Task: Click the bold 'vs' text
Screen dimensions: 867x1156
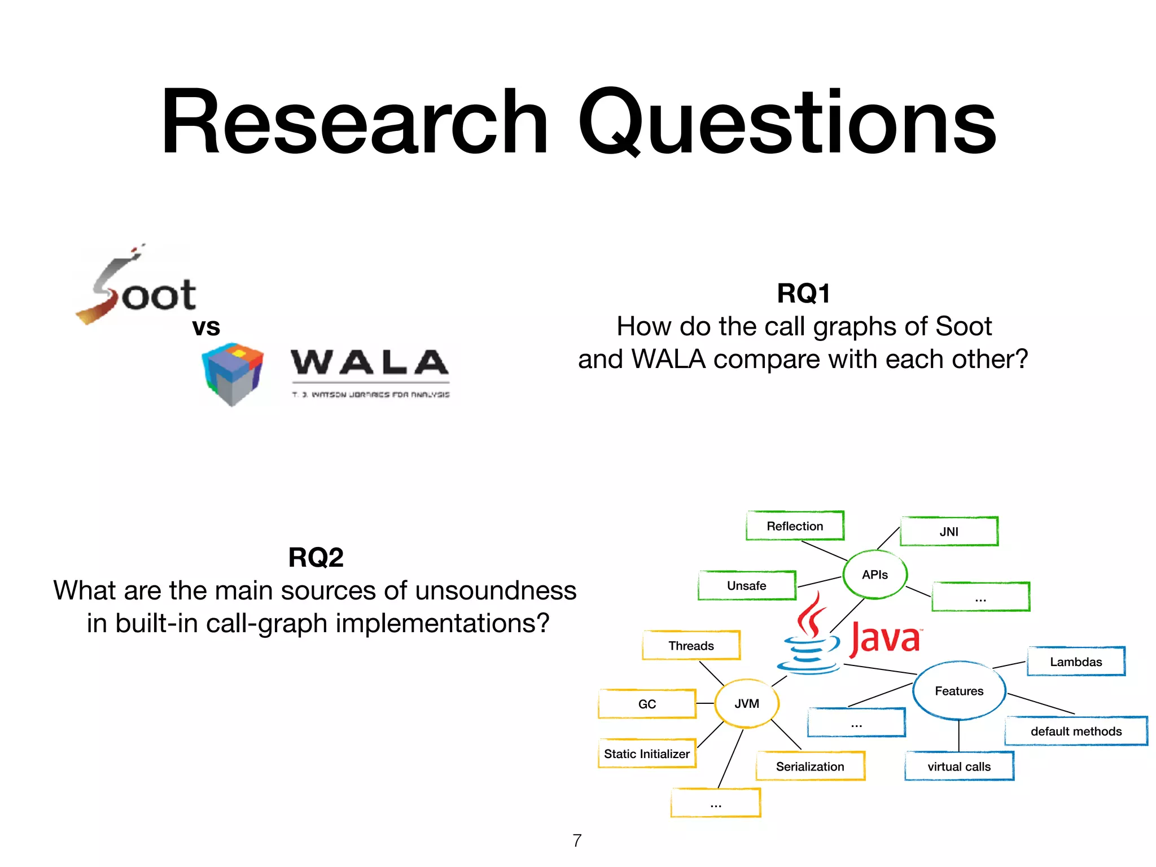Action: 206,327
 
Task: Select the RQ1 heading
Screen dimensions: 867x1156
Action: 803,294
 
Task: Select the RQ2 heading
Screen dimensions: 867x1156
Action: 316,558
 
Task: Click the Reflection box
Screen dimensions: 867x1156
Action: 795,526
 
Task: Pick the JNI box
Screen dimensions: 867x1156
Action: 949,532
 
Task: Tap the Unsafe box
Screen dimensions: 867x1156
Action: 746,586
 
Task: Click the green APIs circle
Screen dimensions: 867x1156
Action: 875,575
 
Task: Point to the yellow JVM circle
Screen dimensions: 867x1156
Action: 747,704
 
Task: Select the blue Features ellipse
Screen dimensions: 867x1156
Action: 959,691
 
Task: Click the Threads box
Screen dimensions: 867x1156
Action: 691,646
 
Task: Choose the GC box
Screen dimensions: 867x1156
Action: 647,704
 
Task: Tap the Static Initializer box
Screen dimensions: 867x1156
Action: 647,754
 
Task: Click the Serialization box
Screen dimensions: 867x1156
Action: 810,767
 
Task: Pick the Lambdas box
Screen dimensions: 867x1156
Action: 1076,662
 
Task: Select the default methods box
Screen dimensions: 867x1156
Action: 1076,732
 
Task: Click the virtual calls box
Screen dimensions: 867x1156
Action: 959,767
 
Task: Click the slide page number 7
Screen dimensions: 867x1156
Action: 577,840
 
